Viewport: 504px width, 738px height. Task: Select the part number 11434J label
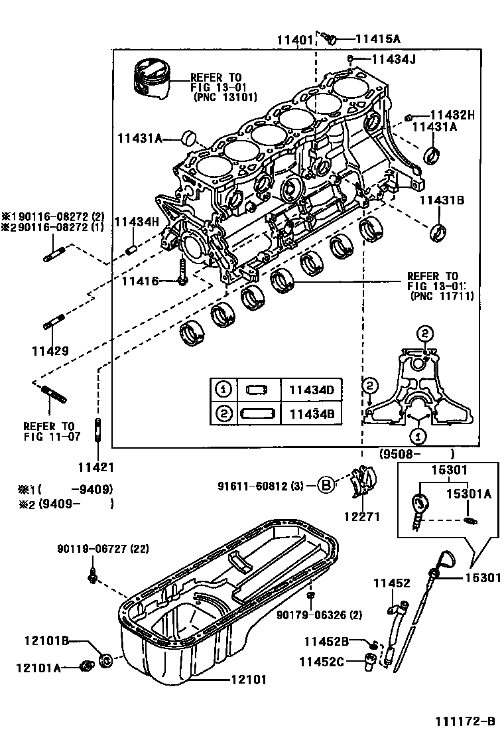tap(393, 60)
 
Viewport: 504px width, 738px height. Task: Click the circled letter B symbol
tap(325, 485)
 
